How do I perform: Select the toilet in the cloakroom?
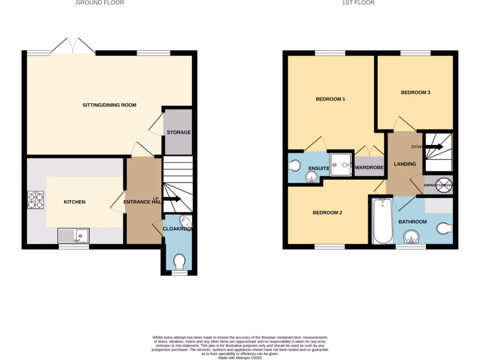(179, 262)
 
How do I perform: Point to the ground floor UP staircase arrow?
(172, 199)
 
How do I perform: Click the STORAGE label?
(179, 133)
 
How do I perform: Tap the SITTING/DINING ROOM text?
(109, 105)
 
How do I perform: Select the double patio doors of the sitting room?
(73, 46)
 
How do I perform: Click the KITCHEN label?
(75, 202)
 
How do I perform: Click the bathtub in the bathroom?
(383, 221)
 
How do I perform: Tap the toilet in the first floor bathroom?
(444, 228)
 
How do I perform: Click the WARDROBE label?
(369, 168)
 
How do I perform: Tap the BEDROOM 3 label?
(415, 93)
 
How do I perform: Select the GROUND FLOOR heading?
(100, 3)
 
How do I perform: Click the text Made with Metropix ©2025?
(240, 358)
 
